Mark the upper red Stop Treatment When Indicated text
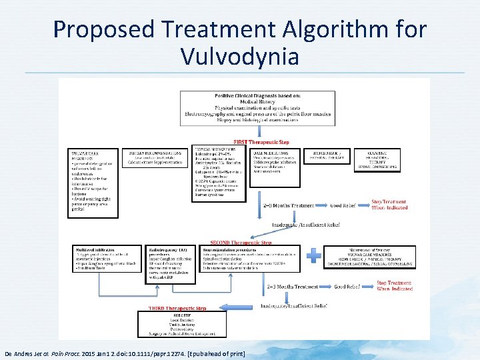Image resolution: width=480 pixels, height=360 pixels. coord(389,204)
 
